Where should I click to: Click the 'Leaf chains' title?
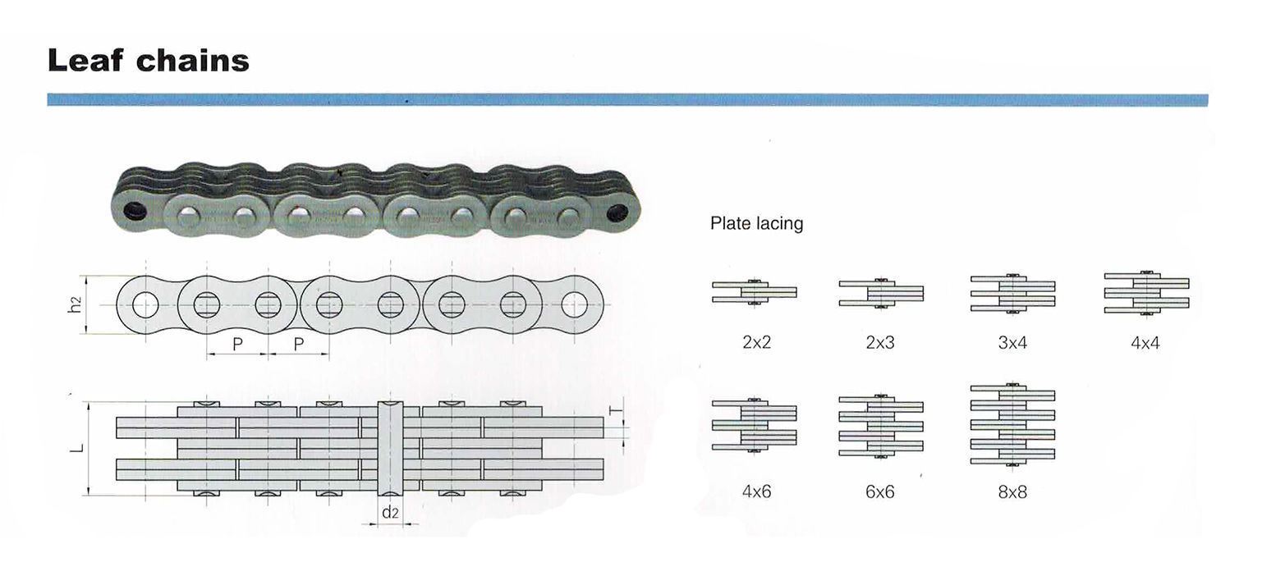pyautogui.click(x=149, y=60)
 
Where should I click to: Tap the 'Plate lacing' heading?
pyautogui.click(x=757, y=223)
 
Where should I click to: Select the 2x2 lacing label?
pyautogui.click(x=757, y=342)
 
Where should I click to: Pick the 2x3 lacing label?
pyautogui.click(x=880, y=342)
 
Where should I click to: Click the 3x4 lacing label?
pyautogui.click(x=1012, y=343)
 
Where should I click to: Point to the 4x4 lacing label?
pyautogui.click(x=1145, y=343)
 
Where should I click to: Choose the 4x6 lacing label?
pyautogui.click(x=757, y=491)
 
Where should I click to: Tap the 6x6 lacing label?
pyautogui.click(x=880, y=491)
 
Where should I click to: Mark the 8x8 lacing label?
pyautogui.click(x=1012, y=491)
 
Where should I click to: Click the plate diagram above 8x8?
pyautogui.click(x=1012, y=424)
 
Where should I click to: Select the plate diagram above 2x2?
pyautogui.click(x=755, y=292)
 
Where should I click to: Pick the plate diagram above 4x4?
pyautogui.click(x=1147, y=292)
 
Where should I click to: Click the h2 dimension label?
pyautogui.click(x=75, y=304)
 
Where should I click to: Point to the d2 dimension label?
pyautogui.click(x=390, y=512)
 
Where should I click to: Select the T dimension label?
pyautogui.click(x=616, y=410)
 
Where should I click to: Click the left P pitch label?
pyautogui.click(x=237, y=345)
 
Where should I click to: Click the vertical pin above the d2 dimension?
pyautogui.click(x=390, y=448)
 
